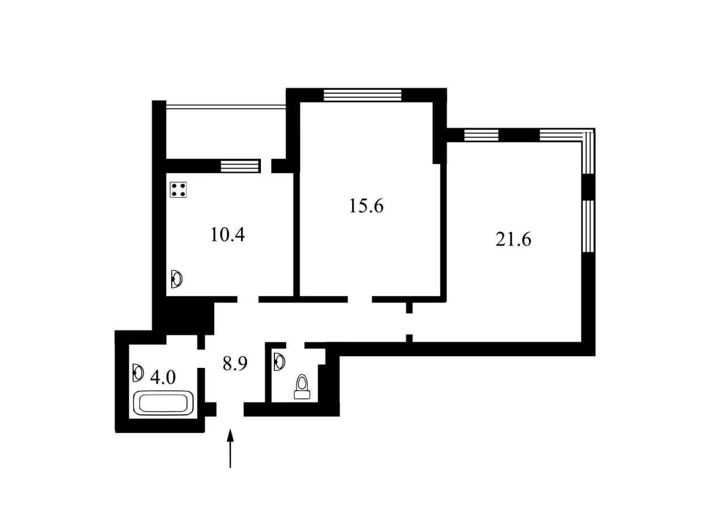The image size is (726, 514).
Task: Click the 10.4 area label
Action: tap(227, 235)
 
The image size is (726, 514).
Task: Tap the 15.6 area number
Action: tap(366, 206)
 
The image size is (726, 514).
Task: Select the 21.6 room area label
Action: tap(513, 240)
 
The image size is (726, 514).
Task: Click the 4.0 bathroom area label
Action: tap(163, 377)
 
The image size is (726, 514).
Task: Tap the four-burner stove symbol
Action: tap(178, 190)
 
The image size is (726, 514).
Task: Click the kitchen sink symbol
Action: tap(176, 279)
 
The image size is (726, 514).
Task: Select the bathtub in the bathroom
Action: tap(163, 403)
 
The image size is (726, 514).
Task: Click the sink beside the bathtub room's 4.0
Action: tap(138, 373)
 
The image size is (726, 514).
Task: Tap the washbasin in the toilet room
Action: tap(280, 362)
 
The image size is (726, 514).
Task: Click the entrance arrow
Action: tap(230, 449)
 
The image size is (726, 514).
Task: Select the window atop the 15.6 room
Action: tap(362, 95)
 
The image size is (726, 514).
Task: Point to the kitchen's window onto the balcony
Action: tap(240, 166)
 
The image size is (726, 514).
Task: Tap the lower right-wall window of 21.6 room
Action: tap(588, 226)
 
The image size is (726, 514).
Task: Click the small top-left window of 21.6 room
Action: tap(482, 135)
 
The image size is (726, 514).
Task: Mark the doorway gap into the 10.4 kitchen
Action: tap(248, 299)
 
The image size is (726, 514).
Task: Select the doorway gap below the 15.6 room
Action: tap(360, 299)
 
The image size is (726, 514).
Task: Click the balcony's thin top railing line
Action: tap(226, 106)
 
